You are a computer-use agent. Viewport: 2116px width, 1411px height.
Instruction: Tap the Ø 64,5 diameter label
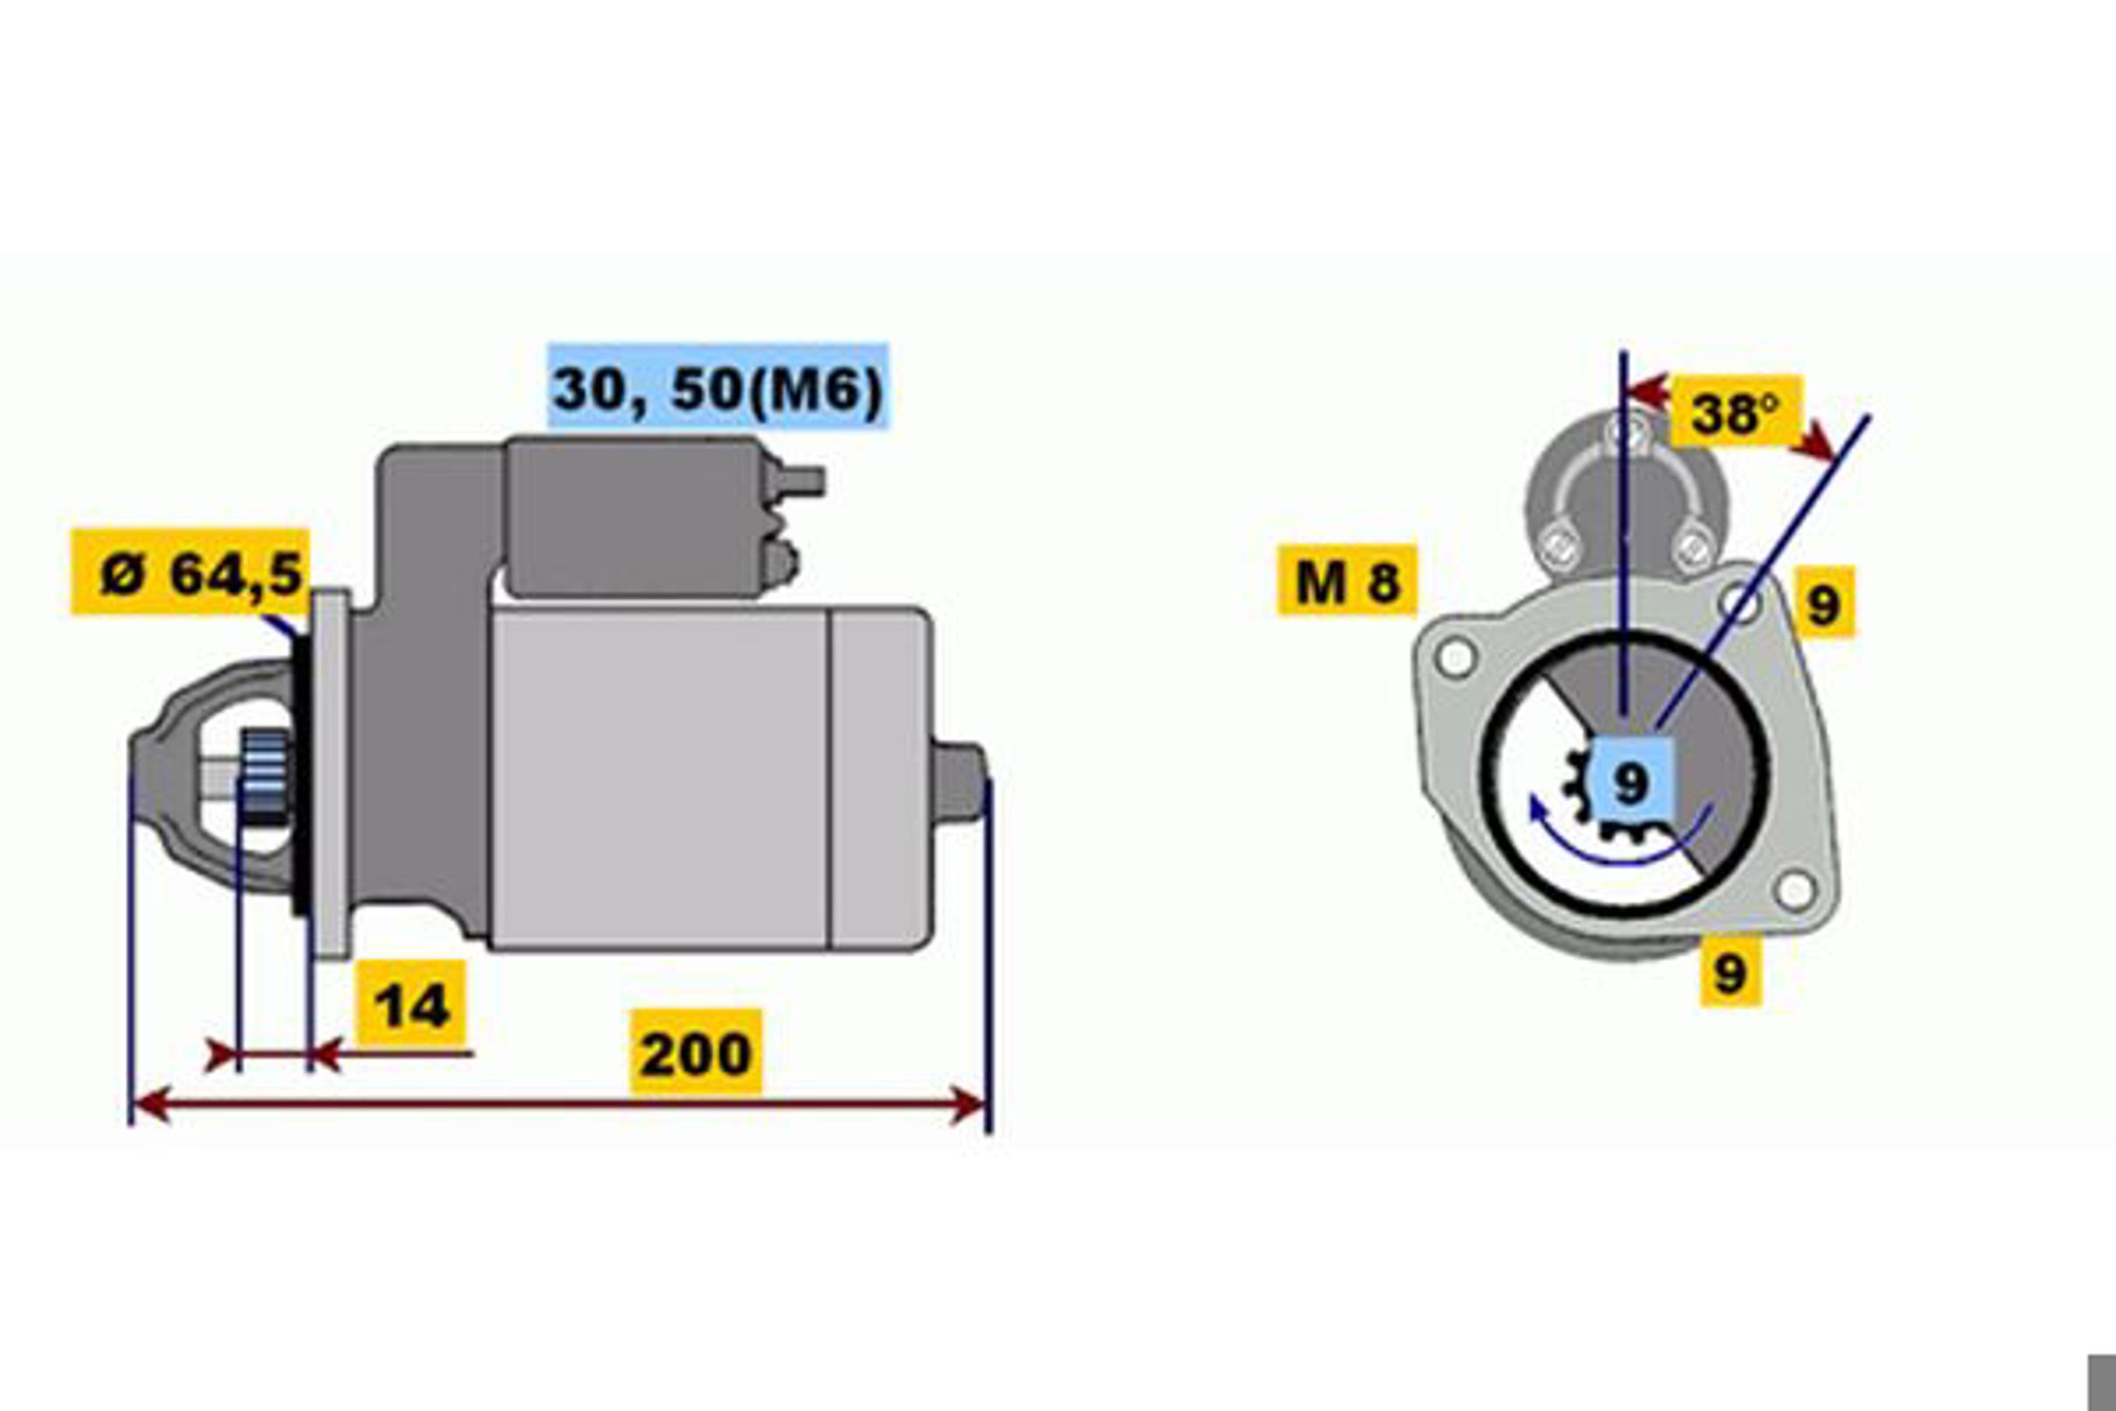click(190, 572)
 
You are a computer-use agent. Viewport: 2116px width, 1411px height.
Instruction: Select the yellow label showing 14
click(411, 1004)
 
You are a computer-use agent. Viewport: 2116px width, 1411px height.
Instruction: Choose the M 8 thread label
click(1347, 580)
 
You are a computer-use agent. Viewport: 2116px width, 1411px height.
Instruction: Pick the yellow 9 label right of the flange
click(1823, 601)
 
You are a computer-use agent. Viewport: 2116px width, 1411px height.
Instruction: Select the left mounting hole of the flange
click(1456, 657)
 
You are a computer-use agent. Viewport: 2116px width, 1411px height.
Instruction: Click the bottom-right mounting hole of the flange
click(1795, 891)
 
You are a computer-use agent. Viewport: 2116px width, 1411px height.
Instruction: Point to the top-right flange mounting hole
click(1744, 603)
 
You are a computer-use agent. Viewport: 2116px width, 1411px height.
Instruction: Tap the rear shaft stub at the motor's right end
click(959, 782)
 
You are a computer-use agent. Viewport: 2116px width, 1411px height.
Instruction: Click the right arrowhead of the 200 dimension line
click(970, 1105)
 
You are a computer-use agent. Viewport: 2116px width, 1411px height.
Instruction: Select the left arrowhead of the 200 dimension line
click(149, 1105)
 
